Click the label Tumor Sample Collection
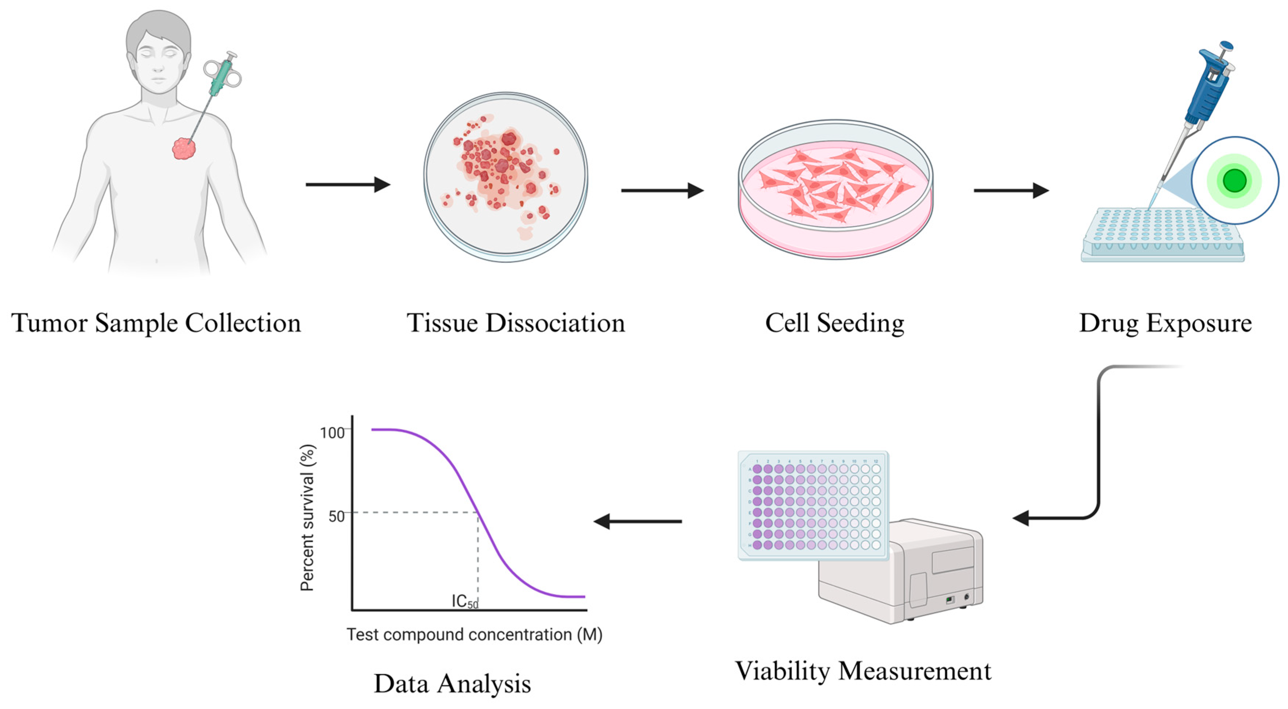click(156, 323)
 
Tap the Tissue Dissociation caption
click(516, 323)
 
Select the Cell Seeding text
click(834, 323)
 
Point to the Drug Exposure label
click(1165, 323)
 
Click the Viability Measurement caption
click(863, 671)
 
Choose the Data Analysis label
click(452, 683)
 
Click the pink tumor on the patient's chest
click(184, 148)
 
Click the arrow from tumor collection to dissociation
click(347, 185)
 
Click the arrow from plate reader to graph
click(638, 521)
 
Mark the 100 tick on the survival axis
click(332, 432)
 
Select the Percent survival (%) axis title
click(307, 517)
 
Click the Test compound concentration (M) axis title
click(474, 635)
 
